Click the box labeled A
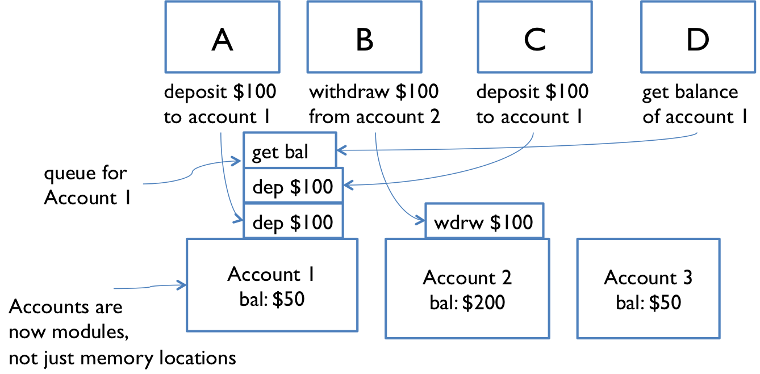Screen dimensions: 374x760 coord(222,37)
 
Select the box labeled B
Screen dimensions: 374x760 coord(364,37)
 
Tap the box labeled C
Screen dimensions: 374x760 coord(534,37)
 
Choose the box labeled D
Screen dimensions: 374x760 coord(698,37)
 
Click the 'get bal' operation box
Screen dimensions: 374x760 coord(289,150)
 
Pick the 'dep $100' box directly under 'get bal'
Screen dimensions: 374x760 coord(293,186)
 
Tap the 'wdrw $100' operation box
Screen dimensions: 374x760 coord(484,221)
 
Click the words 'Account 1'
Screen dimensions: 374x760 coord(271,274)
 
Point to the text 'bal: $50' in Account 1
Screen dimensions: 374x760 coord(272,299)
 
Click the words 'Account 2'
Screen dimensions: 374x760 coord(467,278)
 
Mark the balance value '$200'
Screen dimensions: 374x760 coord(483,302)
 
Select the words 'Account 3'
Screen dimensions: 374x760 coord(648,278)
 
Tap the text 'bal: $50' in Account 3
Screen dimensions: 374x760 coord(648,302)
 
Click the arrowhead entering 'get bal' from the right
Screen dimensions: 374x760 coord(341,150)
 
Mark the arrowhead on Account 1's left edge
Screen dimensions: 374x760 coord(182,285)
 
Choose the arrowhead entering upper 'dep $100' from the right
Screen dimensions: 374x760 coord(348,186)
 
